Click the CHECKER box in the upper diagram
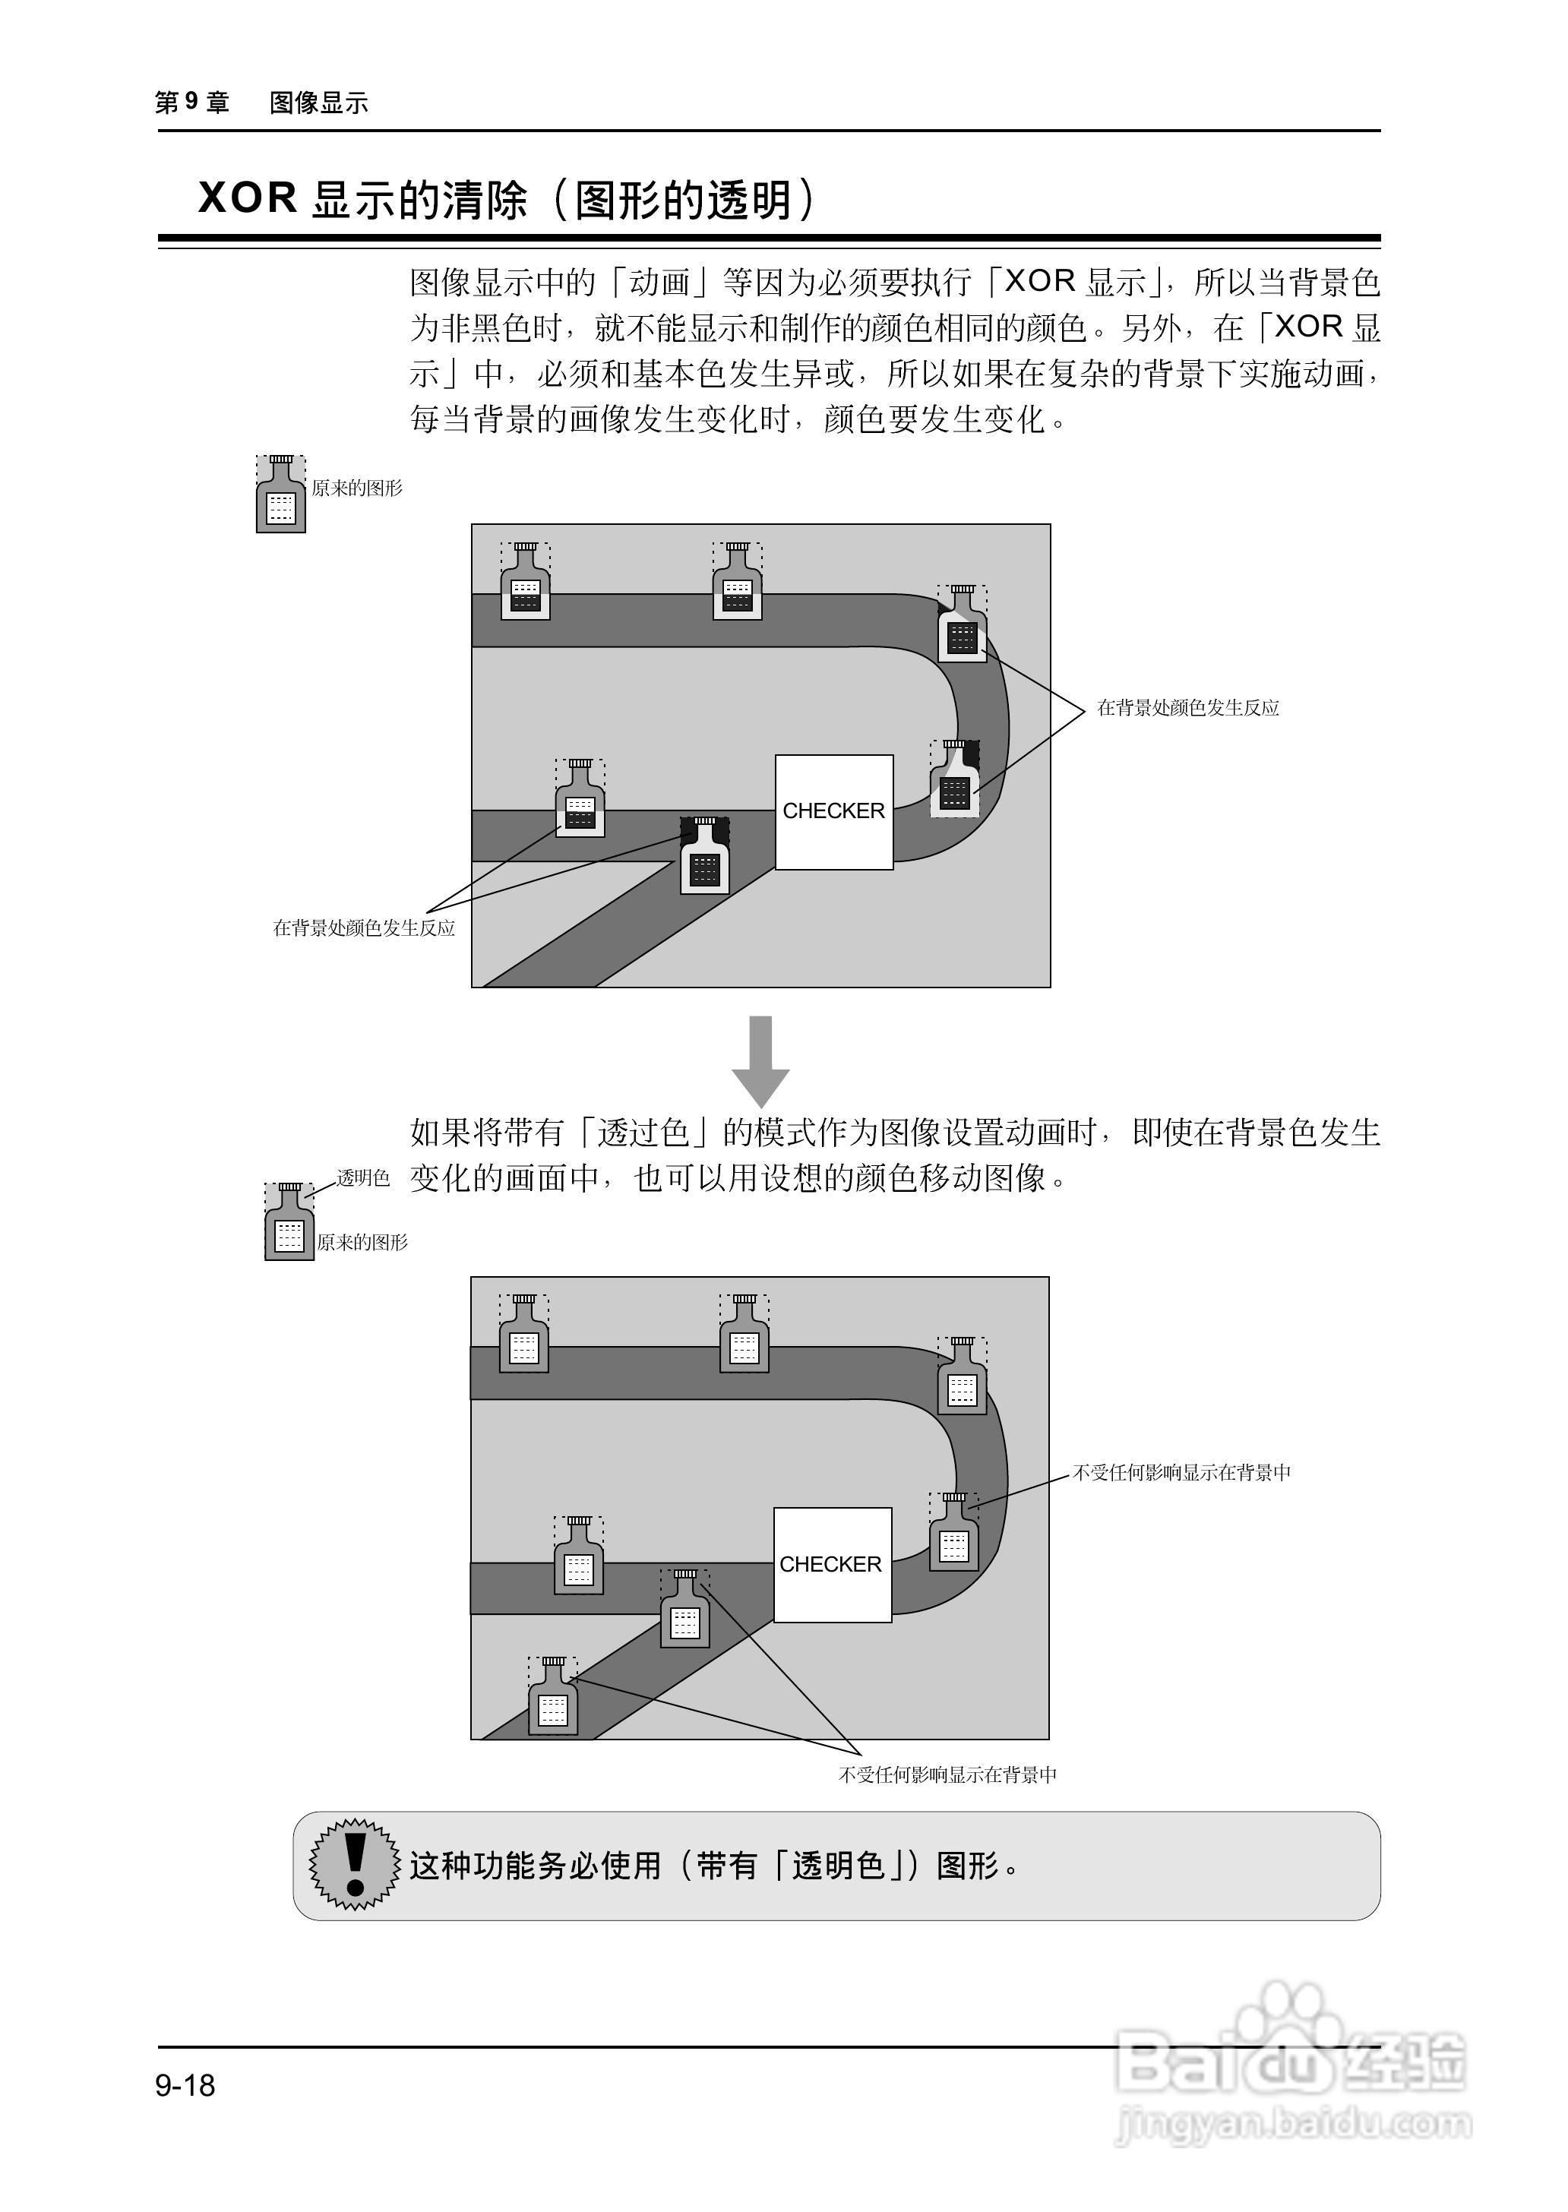tap(834, 811)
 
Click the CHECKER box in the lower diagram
tap(831, 1564)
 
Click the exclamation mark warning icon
tap(354, 1864)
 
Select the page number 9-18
tap(185, 2085)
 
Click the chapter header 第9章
tap(192, 103)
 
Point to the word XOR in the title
tap(247, 198)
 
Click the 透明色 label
tap(364, 1178)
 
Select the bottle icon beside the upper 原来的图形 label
tap(281, 495)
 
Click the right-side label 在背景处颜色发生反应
tap(1187, 708)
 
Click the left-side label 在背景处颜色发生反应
tap(364, 927)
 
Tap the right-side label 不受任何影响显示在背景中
tap(1182, 1472)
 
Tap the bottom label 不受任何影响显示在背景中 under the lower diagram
tap(947, 1774)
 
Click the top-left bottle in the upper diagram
tap(525, 583)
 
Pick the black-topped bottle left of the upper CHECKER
tap(705, 858)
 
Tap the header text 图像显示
tap(318, 103)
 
